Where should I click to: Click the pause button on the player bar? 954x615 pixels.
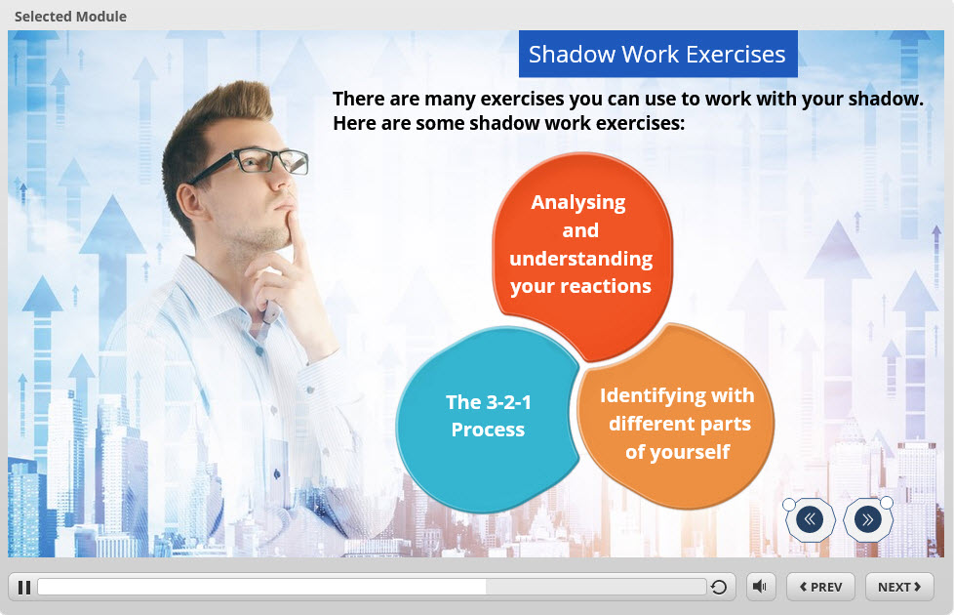tap(24, 587)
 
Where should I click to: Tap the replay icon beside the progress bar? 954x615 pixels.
tap(719, 587)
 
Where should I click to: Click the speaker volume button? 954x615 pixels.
tap(761, 587)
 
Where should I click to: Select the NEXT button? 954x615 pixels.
tap(899, 587)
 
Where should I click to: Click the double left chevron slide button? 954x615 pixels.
tap(810, 519)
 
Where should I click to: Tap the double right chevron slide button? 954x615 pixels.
tap(867, 519)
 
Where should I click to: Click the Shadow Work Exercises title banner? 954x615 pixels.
tap(657, 55)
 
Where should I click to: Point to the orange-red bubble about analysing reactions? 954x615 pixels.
tap(582, 250)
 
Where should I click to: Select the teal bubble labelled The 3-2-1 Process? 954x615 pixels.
tap(487, 419)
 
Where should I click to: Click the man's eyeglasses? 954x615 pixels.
tap(256, 163)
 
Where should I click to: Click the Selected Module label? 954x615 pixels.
tap(70, 17)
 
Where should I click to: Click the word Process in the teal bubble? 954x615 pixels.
tap(488, 430)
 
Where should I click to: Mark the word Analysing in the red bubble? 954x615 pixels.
tap(578, 203)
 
